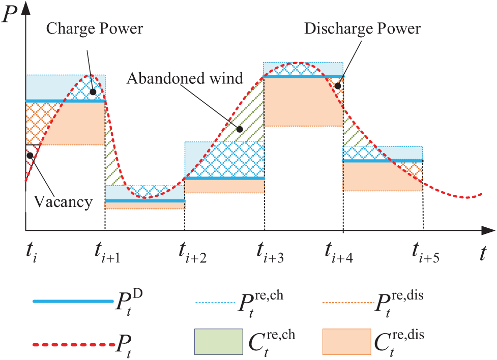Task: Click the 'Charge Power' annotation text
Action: pos(95,27)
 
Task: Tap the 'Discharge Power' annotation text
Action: pos(363,28)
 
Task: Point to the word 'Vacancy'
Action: pos(64,202)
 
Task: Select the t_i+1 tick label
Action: pos(107,252)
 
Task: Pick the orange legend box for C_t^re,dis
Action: pos(346,341)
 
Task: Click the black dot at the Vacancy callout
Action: pos(31,155)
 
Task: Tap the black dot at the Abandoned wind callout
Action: pos(239,129)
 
